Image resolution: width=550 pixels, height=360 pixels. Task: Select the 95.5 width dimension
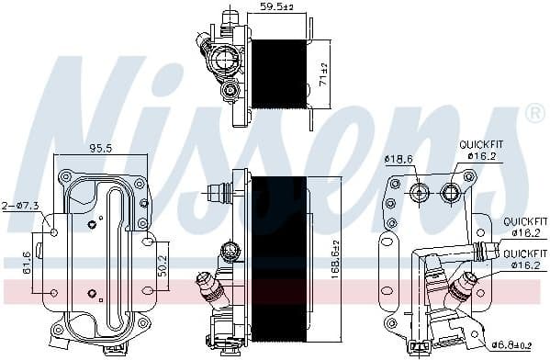click(x=100, y=147)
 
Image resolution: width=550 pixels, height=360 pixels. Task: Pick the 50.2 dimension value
click(x=163, y=263)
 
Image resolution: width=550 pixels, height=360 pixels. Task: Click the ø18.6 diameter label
click(x=397, y=160)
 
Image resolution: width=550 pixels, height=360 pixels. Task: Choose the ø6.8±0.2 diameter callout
click(x=516, y=347)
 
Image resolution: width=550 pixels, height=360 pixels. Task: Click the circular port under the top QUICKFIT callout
click(x=451, y=192)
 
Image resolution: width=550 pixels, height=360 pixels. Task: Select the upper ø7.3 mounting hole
click(x=53, y=231)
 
